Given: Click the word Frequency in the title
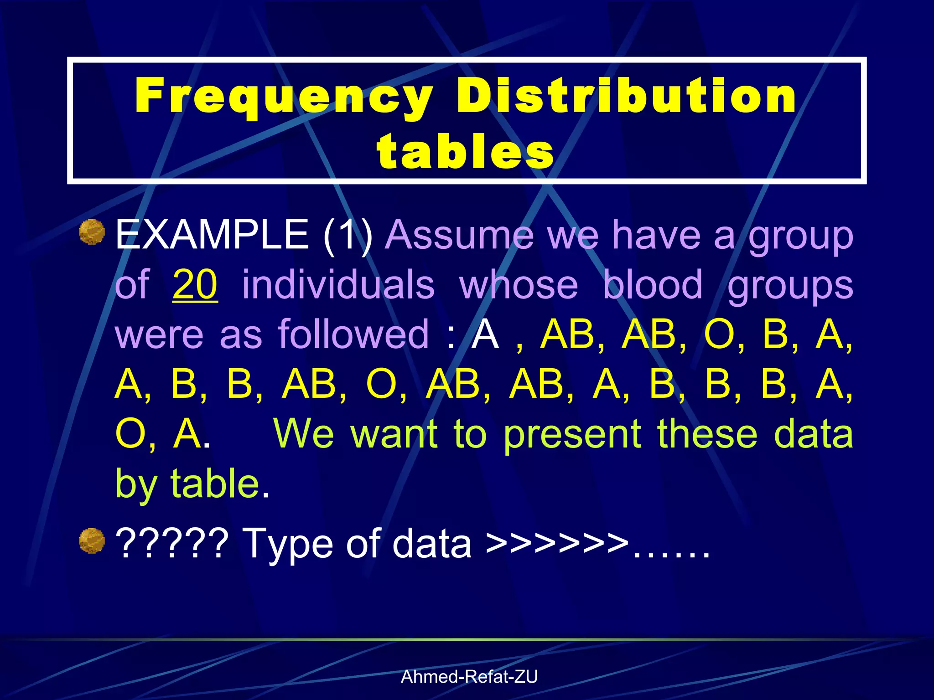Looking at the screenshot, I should tap(284, 97).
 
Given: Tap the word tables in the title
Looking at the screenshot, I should tap(465, 151).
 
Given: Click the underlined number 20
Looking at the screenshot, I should tap(195, 284).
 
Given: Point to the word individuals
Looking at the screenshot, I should tap(338, 284).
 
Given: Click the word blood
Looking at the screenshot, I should tap(653, 284).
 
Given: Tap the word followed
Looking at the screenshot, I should tap(353, 334).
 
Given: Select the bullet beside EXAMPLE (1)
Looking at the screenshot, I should tap(92, 232).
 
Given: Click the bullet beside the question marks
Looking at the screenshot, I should tap(92, 540).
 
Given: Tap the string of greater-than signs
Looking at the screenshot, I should tap(557, 543).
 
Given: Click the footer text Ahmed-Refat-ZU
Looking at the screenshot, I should tap(469, 677).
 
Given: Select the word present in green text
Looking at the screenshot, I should tap(572, 434).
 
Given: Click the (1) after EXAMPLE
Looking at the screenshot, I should tap(348, 235).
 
